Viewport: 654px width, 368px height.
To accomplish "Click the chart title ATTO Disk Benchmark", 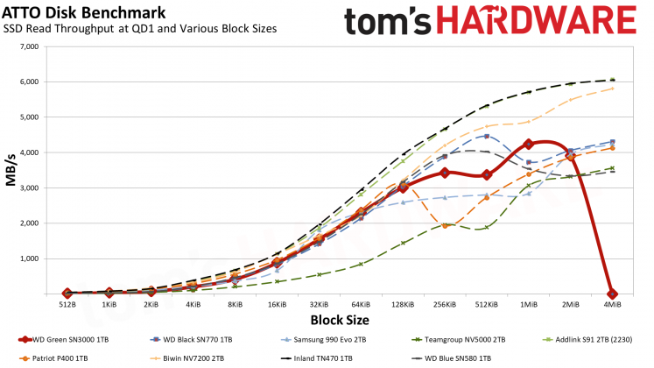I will [86, 12].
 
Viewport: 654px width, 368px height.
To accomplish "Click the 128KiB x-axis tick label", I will [402, 306].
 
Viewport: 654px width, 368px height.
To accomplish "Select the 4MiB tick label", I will [612, 306].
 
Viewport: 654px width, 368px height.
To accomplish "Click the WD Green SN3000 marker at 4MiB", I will [612, 294].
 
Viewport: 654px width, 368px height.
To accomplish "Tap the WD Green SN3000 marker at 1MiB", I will [528, 144].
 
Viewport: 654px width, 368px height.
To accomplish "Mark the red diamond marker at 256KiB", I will [445, 173].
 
